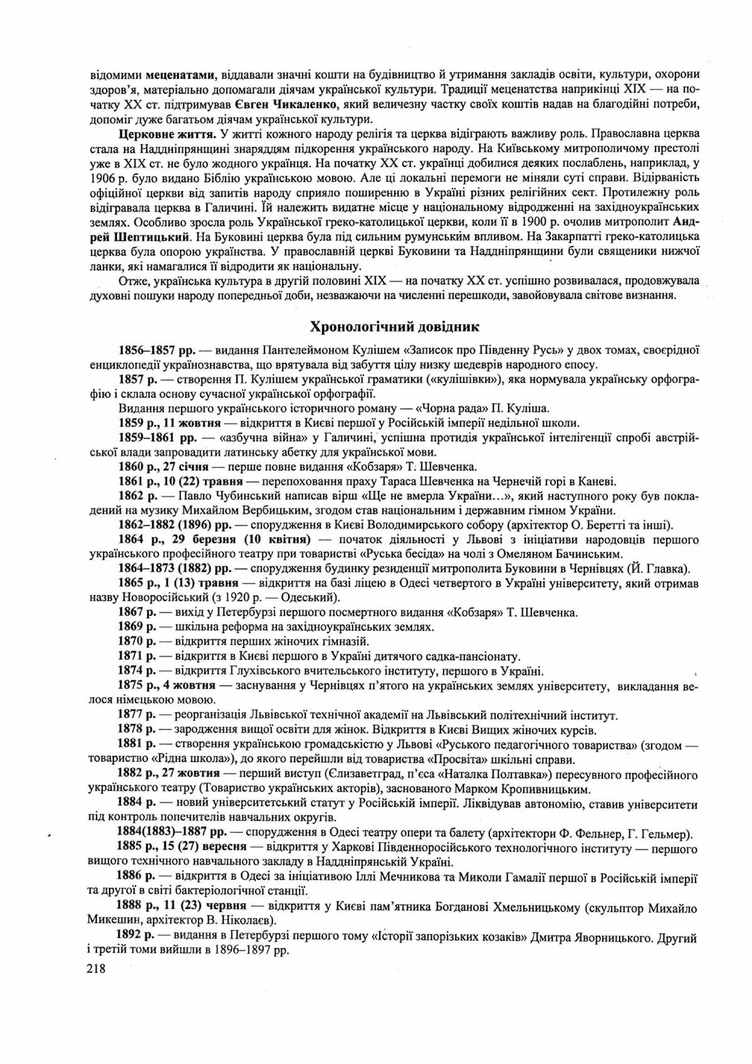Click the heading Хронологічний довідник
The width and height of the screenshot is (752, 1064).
tap(394, 327)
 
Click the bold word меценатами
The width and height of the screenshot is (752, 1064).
tap(180, 74)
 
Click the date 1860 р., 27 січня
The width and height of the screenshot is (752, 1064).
tap(163, 467)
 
